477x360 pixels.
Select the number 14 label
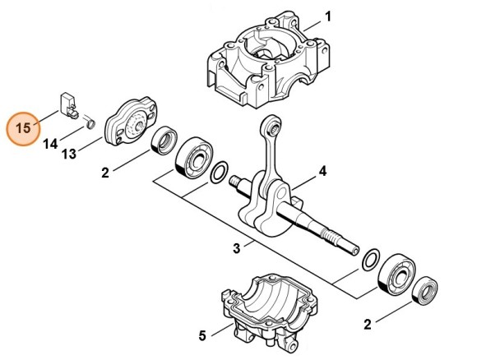[50, 144]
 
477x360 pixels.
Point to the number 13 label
[69, 155]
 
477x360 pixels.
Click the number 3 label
[237, 247]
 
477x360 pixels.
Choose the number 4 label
[322, 171]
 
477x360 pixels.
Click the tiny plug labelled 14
[91, 122]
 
